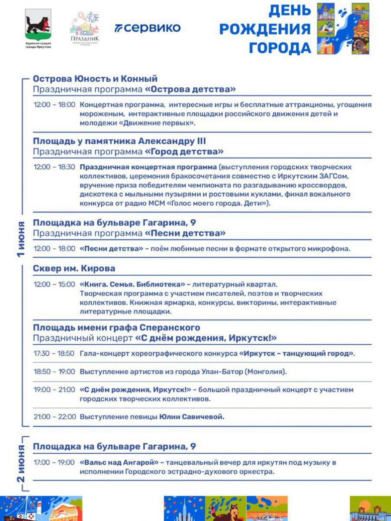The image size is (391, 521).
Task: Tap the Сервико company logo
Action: pyautogui.click(x=148, y=28)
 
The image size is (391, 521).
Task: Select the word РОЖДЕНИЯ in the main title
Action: pyautogui.click(x=265, y=29)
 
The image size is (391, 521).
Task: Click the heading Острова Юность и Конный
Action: pyautogui.click(x=95, y=79)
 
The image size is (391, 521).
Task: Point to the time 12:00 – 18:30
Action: pyautogui.click(x=54, y=167)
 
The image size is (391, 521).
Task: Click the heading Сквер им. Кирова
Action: pyautogui.click(x=74, y=268)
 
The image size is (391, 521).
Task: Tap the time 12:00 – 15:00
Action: pyautogui.click(x=54, y=284)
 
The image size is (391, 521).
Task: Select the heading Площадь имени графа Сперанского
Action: pyautogui.click(x=116, y=327)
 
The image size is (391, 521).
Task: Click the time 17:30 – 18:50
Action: pyautogui.click(x=54, y=353)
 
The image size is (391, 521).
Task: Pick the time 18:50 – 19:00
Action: pyautogui.click(x=54, y=372)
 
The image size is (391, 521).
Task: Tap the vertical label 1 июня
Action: pyautogui.click(x=21, y=239)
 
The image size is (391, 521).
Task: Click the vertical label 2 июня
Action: pyautogui.click(x=21, y=463)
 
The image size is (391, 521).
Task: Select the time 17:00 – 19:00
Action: pyautogui.click(x=54, y=462)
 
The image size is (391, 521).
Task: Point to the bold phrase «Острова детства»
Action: pyautogui.click(x=190, y=89)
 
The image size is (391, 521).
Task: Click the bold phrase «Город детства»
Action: pyautogui.click(x=184, y=152)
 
